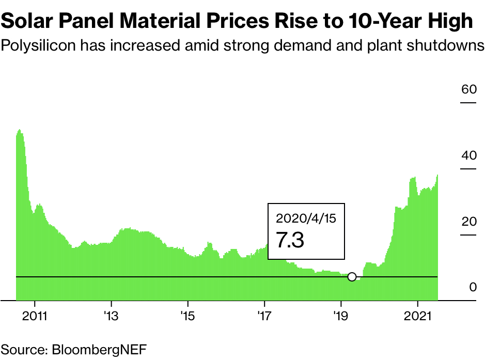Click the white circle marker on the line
click(x=352, y=277)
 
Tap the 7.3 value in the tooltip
click(x=290, y=240)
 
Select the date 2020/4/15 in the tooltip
click(x=306, y=218)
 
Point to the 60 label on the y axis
click(x=468, y=89)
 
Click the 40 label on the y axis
click(x=468, y=155)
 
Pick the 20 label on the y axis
click(x=468, y=222)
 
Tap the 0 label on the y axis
click(x=473, y=288)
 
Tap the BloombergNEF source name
click(x=99, y=348)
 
